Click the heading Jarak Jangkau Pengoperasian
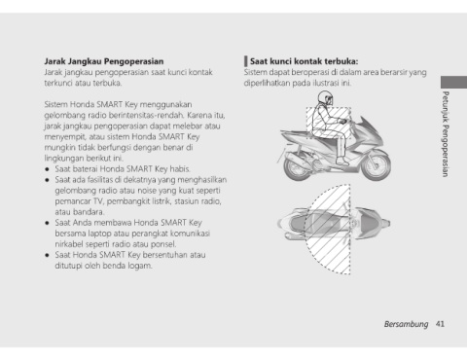pos(104,61)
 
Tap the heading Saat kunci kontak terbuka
pos(304,61)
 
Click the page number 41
pos(440,324)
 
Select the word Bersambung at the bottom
pos(406,324)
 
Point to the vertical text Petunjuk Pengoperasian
pos(446,134)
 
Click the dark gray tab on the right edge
pos(453,82)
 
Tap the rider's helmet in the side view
pos(325,97)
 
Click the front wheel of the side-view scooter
pos(377,165)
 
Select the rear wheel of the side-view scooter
pos(298,167)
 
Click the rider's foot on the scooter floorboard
pos(342,162)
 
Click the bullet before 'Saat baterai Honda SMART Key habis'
pos(48,169)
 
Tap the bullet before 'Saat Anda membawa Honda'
pos(48,223)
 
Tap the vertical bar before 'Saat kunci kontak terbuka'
pos(246,61)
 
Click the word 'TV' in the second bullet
pos(98,201)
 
